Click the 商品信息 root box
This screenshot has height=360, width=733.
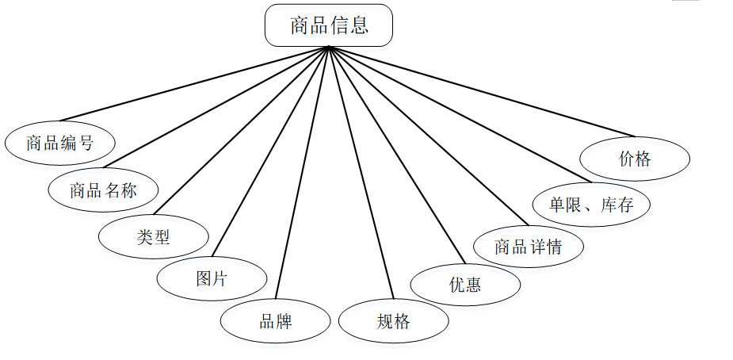328,25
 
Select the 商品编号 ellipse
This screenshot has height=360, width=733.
60,144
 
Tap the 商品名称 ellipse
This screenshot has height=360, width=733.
103,190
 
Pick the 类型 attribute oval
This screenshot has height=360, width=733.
154,236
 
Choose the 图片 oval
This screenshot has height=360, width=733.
212,279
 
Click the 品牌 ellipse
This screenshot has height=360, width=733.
275,321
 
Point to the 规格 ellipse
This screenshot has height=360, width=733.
393,321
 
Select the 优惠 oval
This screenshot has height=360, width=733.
465,284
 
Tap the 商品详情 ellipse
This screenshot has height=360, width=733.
528,246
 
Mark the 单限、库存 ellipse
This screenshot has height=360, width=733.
592,205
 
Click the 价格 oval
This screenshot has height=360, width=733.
635,159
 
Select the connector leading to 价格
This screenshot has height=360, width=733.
482,91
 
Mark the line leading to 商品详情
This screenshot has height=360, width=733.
428,136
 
